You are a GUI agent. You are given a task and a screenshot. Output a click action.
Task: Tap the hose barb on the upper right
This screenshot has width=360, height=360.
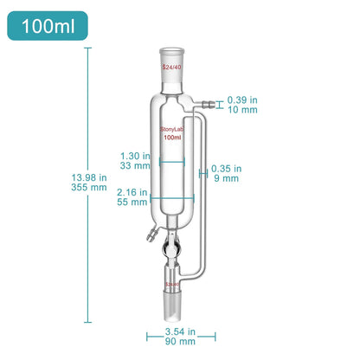tap(204, 106)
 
